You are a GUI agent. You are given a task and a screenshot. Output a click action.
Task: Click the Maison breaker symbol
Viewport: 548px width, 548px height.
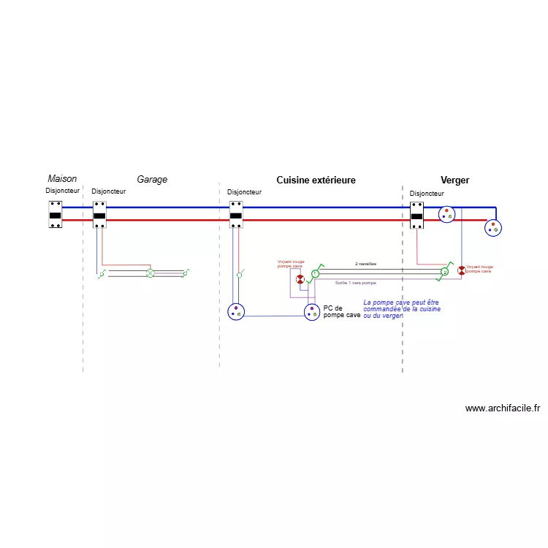coord(55,215)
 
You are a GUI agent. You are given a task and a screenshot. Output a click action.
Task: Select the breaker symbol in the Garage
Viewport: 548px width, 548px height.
coord(100,215)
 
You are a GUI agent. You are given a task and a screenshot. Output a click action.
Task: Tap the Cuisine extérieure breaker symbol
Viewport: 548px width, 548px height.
coord(236,215)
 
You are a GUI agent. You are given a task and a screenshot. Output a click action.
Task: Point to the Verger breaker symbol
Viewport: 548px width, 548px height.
coord(416,216)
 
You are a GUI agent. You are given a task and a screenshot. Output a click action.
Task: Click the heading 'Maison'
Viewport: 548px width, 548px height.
coord(62,179)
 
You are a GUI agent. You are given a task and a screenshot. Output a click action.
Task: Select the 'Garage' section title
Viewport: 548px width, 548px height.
coord(152,179)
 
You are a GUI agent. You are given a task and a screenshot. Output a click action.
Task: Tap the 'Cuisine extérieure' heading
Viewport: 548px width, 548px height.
coord(316,180)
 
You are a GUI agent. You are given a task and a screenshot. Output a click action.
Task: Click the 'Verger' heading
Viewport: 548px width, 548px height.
coord(454,180)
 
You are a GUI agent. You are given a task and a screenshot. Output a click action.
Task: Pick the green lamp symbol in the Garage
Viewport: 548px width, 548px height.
coord(151,273)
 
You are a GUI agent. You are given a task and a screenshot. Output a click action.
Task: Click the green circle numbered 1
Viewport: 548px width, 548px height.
coord(315,273)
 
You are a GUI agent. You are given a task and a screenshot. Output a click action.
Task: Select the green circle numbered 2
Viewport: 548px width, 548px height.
coord(444,272)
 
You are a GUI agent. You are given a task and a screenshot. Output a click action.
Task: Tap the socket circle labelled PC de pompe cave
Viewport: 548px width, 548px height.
coord(312,312)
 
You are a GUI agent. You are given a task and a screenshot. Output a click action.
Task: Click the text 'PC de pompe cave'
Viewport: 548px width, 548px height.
coord(341,311)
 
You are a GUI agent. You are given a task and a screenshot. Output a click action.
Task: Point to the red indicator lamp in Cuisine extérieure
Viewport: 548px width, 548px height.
coord(300,280)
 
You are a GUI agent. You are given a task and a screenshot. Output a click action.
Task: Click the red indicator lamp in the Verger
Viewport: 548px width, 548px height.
coord(461,270)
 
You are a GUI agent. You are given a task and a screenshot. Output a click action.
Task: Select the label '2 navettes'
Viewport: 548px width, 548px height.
coord(365,263)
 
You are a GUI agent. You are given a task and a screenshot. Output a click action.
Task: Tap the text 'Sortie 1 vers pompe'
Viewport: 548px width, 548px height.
coord(355,282)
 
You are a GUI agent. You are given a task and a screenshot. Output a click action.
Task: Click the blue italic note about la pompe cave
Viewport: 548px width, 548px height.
coord(402,308)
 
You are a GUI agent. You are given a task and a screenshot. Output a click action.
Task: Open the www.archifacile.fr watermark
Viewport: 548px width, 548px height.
coord(502,408)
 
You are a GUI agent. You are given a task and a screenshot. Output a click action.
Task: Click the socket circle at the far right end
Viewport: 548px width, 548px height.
coord(495,227)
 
